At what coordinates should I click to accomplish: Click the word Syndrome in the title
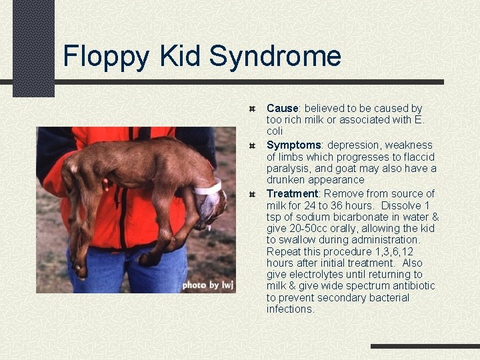(275, 56)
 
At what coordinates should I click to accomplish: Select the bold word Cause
(282, 108)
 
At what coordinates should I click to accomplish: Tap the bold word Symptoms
(294, 145)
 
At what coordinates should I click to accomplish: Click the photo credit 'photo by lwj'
(207, 285)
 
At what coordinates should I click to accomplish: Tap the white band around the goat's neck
(209, 188)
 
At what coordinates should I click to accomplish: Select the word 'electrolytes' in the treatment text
(315, 274)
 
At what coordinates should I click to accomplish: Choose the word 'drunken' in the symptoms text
(285, 180)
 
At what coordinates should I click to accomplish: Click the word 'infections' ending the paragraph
(290, 309)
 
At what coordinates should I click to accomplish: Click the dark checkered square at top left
(33, 47)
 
